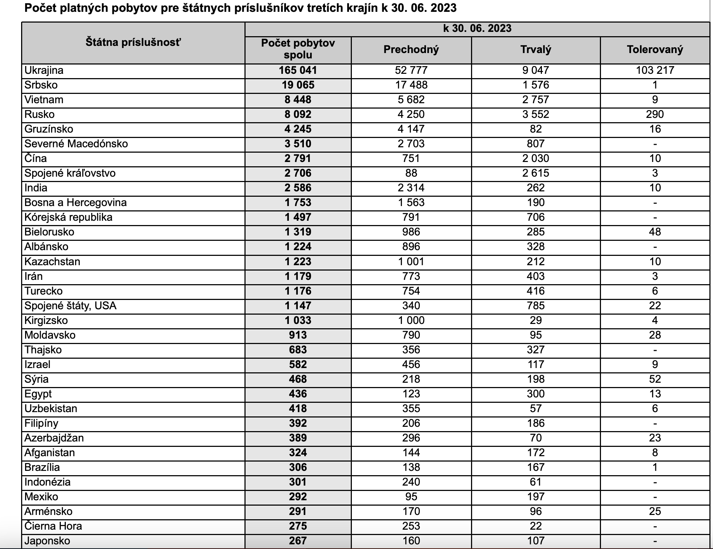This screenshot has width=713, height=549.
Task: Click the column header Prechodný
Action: pyautogui.click(x=411, y=49)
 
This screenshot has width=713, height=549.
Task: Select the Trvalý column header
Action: pyautogui.click(x=535, y=49)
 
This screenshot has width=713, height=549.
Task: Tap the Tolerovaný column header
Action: pyautogui.click(x=655, y=49)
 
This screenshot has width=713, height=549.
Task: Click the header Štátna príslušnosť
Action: pyautogui.click(x=133, y=42)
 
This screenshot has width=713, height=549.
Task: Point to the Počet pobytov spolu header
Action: pyautogui.click(x=298, y=49)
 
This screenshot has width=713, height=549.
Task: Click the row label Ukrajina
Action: pyautogui.click(x=44, y=70)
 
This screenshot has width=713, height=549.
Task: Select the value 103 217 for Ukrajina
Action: pyautogui.click(x=655, y=70)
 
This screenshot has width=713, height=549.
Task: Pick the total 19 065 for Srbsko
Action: pyautogui.click(x=298, y=85)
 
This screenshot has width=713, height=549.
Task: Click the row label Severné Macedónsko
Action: pyautogui.click(x=76, y=144)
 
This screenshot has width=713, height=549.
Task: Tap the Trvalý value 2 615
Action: pyautogui.click(x=535, y=173)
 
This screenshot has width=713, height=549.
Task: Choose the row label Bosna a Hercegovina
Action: pyautogui.click(x=76, y=202)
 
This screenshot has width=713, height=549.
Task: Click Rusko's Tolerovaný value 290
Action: pyautogui.click(x=655, y=114)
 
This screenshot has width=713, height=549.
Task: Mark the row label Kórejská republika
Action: pyautogui.click(x=68, y=217)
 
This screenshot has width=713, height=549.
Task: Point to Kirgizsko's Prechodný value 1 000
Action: pyautogui.click(x=411, y=320)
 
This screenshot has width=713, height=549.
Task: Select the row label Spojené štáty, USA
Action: pyautogui.click(x=71, y=306)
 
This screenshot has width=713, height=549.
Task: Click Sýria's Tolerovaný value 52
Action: pyautogui.click(x=655, y=379)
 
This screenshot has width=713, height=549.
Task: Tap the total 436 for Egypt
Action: pyautogui.click(x=298, y=394)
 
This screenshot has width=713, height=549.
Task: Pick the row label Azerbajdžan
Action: pyautogui.click(x=54, y=438)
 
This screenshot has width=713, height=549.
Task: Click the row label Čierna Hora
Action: pyautogui.click(x=53, y=526)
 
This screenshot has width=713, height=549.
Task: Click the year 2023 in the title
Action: pyautogui.click(x=443, y=8)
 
